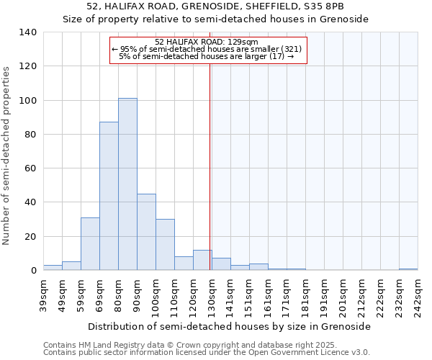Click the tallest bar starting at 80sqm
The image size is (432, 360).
click(127, 184)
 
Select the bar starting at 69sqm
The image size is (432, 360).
click(109, 196)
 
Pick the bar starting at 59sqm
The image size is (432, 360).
click(90, 243)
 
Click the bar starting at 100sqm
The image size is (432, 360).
click(165, 245)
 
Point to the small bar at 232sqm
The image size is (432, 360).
click(408, 269)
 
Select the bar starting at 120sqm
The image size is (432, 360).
click(202, 260)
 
